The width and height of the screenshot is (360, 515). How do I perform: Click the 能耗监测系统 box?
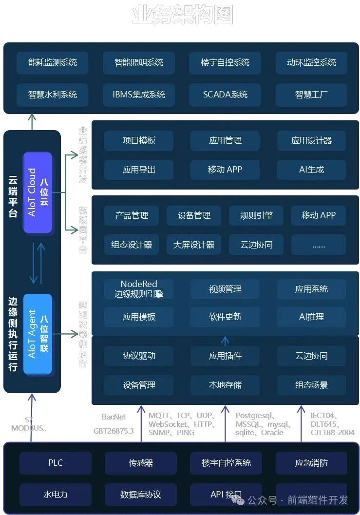click(52, 62)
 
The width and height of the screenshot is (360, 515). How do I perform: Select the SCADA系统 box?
click(225, 95)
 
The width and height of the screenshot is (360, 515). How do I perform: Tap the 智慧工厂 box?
click(311, 95)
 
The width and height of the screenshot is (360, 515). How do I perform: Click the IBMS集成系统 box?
click(139, 95)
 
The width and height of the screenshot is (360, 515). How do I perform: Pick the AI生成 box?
click(311, 170)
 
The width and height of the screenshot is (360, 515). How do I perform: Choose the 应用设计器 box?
click(311, 141)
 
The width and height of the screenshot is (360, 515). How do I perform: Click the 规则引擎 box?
click(256, 215)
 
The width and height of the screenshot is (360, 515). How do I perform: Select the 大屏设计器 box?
click(194, 245)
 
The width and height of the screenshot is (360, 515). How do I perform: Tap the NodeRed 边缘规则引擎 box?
click(139, 289)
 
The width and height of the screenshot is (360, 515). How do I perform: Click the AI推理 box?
click(311, 317)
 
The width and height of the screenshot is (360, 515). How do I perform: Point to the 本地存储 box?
click(225, 385)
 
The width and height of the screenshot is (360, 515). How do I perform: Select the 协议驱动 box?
click(139, 356)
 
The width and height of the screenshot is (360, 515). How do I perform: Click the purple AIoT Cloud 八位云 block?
click(38, 192)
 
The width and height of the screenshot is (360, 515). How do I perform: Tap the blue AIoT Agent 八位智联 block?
click(38, 334)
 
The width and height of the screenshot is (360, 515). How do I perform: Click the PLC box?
click(56, 463)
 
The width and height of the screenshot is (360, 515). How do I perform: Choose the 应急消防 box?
click(311, 463)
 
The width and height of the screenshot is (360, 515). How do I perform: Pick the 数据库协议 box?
click(141, 495)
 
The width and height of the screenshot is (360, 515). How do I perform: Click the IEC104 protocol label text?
click(323, 416)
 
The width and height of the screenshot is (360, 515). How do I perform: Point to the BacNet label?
click(114, 417)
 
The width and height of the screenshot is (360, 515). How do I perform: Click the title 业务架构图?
click(182, 15)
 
